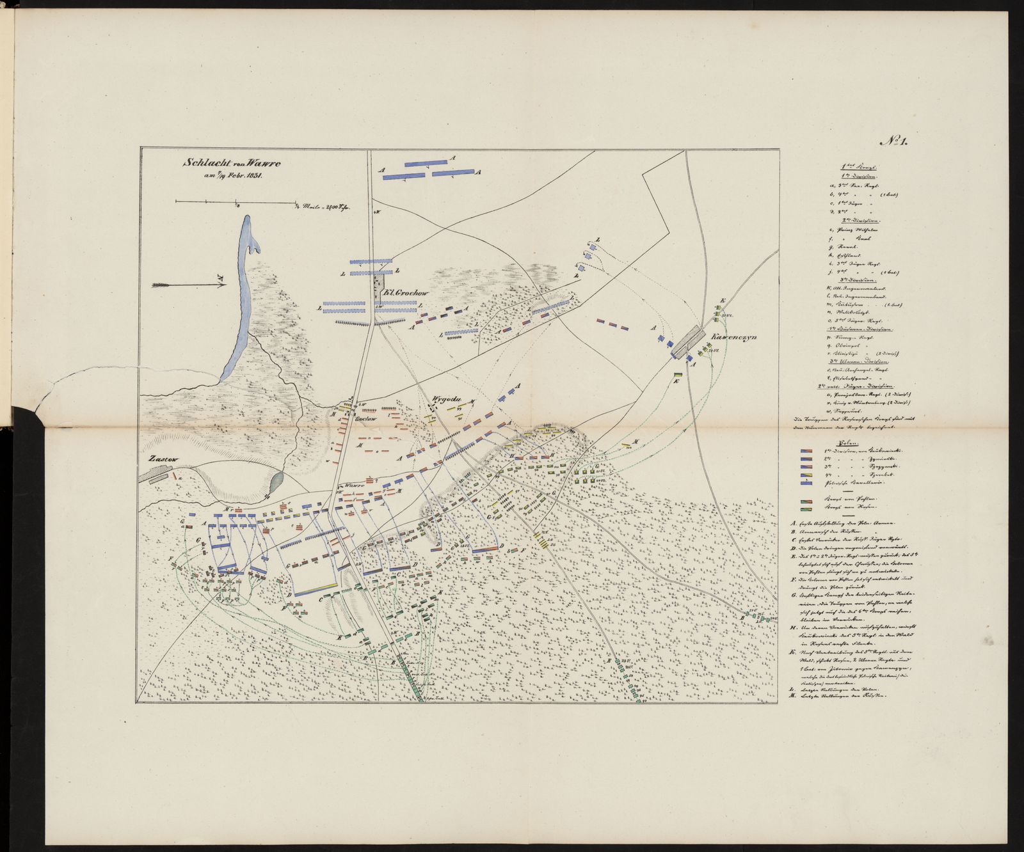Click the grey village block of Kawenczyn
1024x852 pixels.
pos(688,342)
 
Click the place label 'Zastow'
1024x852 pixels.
pos(159,459)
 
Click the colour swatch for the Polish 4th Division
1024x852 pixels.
pos(810,475)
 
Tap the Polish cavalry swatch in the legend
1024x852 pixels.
pos(810,484)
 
